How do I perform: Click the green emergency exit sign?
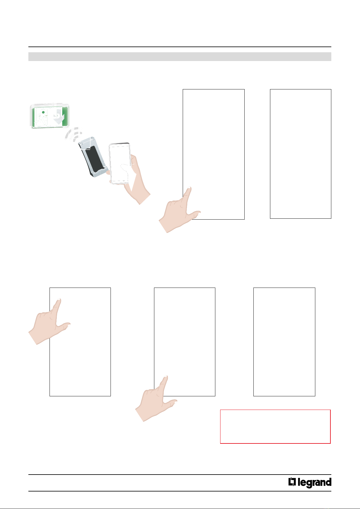(x=50, y=116)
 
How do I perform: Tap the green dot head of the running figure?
(x=43, y=112)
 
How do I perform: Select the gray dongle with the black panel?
(x=93, y=157)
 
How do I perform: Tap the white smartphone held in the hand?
(x=120, y=163)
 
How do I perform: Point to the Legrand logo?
(x=310, y=482)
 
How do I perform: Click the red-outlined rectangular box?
(x=275, y=427)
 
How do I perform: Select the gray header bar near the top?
(x=180, y=56)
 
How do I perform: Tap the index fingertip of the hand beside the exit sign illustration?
(x=189, y=188)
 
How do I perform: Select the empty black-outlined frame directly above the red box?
(x=284, y=342)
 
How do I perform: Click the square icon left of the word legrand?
(x=292, y=482)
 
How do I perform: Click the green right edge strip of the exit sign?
(x=65, y=116)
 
